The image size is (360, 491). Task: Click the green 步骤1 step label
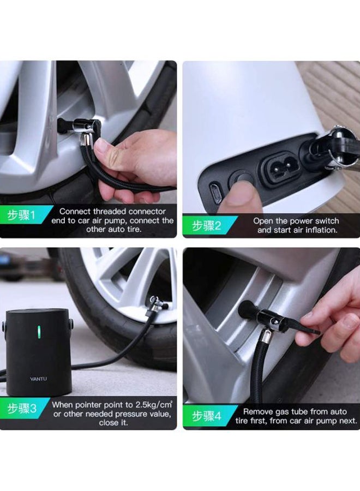point(21,215)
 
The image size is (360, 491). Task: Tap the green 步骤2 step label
point(206,225)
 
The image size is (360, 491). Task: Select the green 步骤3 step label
point(22,408)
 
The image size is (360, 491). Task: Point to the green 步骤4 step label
point(207,416)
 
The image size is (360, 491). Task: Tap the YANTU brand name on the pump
point(39,379)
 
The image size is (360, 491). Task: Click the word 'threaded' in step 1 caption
point(110,211)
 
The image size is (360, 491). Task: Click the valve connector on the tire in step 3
point(155,306)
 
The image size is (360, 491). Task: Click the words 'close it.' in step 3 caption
point(113,423)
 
